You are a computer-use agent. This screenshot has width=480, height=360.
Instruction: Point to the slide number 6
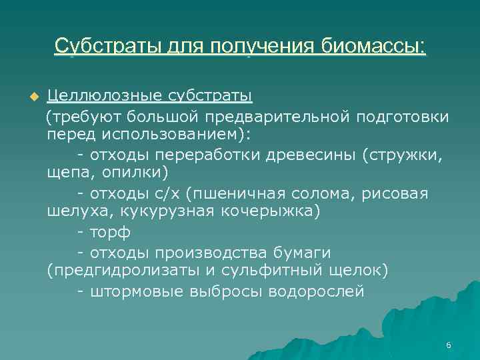point(449,345)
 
